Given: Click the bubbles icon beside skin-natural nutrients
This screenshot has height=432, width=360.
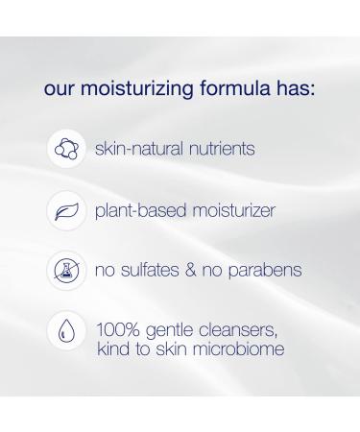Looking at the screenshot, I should coord(66,150).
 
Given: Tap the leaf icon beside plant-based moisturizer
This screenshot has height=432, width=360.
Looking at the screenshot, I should coord(66,209).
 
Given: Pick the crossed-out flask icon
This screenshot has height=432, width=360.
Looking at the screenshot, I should coord(66,270).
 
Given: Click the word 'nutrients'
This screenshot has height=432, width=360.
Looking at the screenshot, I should coord(223,151).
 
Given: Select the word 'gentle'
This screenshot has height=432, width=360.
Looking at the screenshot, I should coord(170,331).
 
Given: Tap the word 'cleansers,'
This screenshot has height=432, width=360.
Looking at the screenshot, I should coord(240,331).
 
